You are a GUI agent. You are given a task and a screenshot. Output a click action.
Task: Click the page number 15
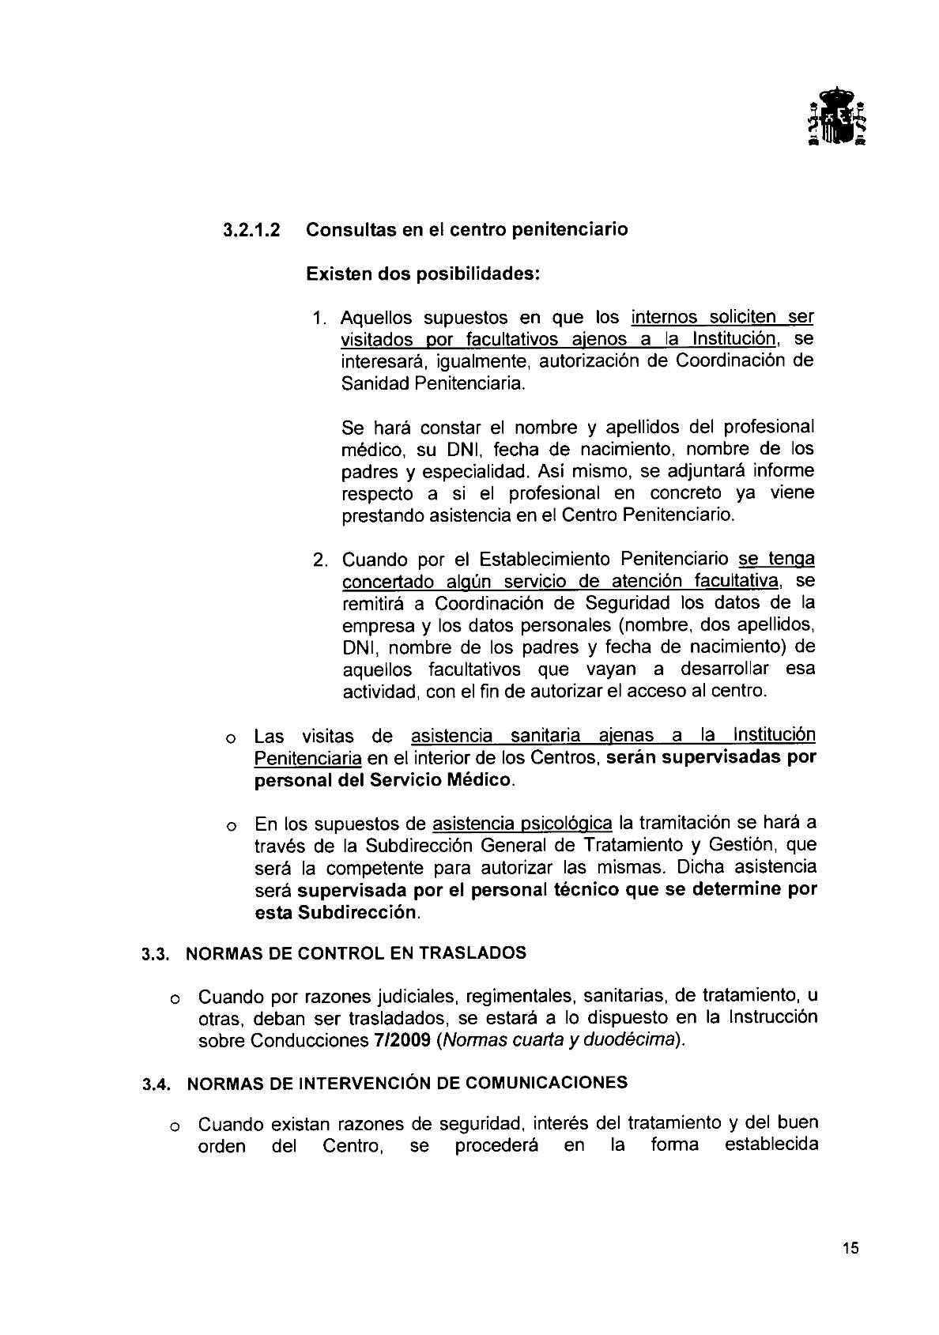click(850, 1249)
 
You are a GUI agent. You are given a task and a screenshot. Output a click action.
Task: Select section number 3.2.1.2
click(252, 230)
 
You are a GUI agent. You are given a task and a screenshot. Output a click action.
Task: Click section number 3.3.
click(157, 954)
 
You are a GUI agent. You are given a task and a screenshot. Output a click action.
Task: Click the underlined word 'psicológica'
click(567, 824)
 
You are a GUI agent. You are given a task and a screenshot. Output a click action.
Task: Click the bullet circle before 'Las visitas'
click(230, 739)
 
